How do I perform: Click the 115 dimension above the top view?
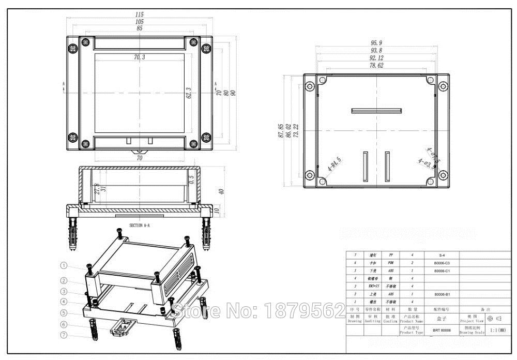140,14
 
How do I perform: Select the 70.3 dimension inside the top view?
140,57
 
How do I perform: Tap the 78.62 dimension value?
376,66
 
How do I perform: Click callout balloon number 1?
64,265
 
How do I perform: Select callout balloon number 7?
64,335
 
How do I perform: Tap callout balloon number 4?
64,301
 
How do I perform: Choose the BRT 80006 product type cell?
441,330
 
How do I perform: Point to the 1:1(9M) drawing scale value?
498,330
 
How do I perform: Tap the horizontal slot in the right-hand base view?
376,110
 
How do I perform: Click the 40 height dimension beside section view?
221,191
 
